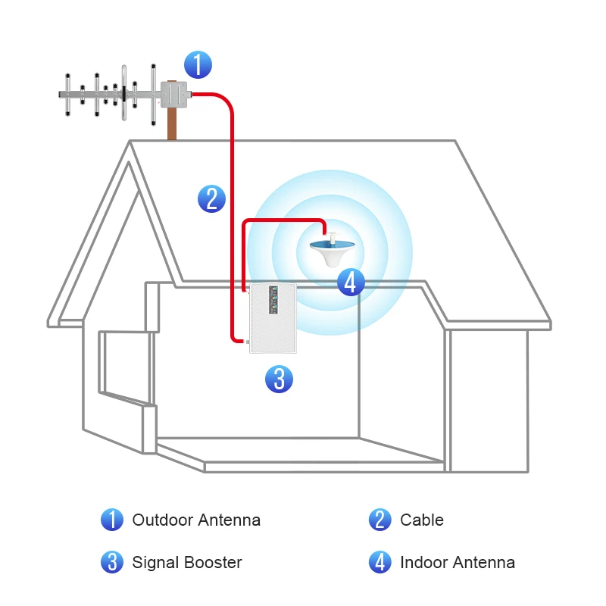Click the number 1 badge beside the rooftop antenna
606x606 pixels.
198,64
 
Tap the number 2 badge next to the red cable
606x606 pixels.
211,198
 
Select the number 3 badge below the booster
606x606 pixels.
279,378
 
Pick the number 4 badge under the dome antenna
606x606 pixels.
349,283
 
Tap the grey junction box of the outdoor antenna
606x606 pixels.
173,95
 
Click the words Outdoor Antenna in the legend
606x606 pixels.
196,520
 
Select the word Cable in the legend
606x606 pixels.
421,520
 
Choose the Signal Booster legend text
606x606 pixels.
187,563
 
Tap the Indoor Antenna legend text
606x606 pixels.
458,563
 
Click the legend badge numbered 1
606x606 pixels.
112,520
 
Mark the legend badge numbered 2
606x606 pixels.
380,520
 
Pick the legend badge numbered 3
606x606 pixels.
112,563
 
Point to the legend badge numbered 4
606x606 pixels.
380,563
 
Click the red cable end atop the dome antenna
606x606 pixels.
326,230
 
